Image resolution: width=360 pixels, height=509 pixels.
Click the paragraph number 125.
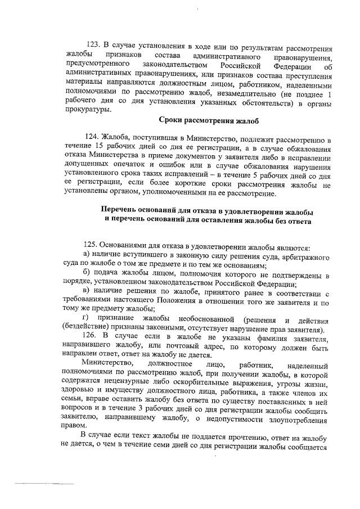pos(92,246)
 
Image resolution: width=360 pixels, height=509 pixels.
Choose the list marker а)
pos(85,256)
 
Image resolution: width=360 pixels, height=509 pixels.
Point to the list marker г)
pos(85,319)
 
